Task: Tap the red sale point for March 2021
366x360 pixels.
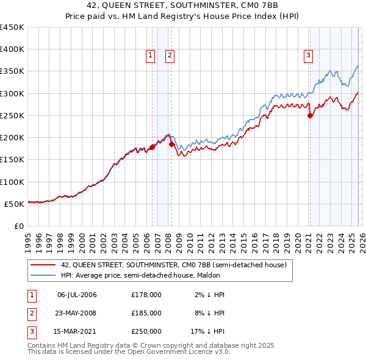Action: click(310, 115)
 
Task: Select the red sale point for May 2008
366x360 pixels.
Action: click(171, 144)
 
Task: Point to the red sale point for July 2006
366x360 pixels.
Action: click(151, 147)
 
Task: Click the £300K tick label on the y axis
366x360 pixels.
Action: click(12, 93)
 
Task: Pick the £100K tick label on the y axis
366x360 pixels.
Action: click(12, 182)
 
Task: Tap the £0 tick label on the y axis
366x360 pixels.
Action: click(19, 226)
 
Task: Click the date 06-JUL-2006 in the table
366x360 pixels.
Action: click(77, 295)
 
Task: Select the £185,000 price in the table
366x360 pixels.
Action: click(146, 313)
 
